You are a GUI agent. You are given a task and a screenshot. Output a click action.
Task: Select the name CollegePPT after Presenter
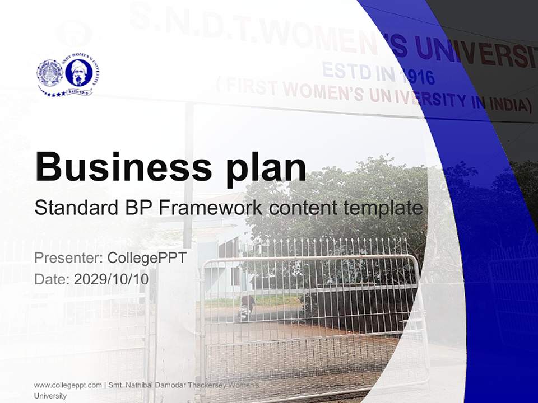pos(146,258)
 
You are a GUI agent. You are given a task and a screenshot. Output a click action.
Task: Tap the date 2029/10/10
pos(112,279)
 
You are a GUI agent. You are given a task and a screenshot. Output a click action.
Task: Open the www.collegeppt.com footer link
pos(68,385)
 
